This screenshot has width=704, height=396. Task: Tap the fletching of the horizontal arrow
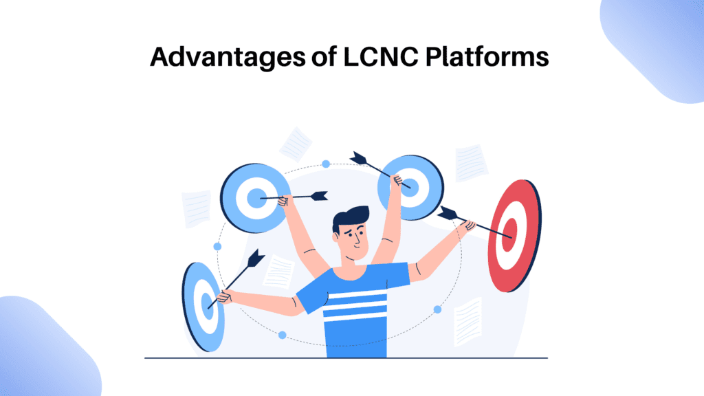[x=318, y=196]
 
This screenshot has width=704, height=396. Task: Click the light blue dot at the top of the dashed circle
[x=326, y=164]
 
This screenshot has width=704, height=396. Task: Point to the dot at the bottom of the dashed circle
[x=282, y=335]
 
